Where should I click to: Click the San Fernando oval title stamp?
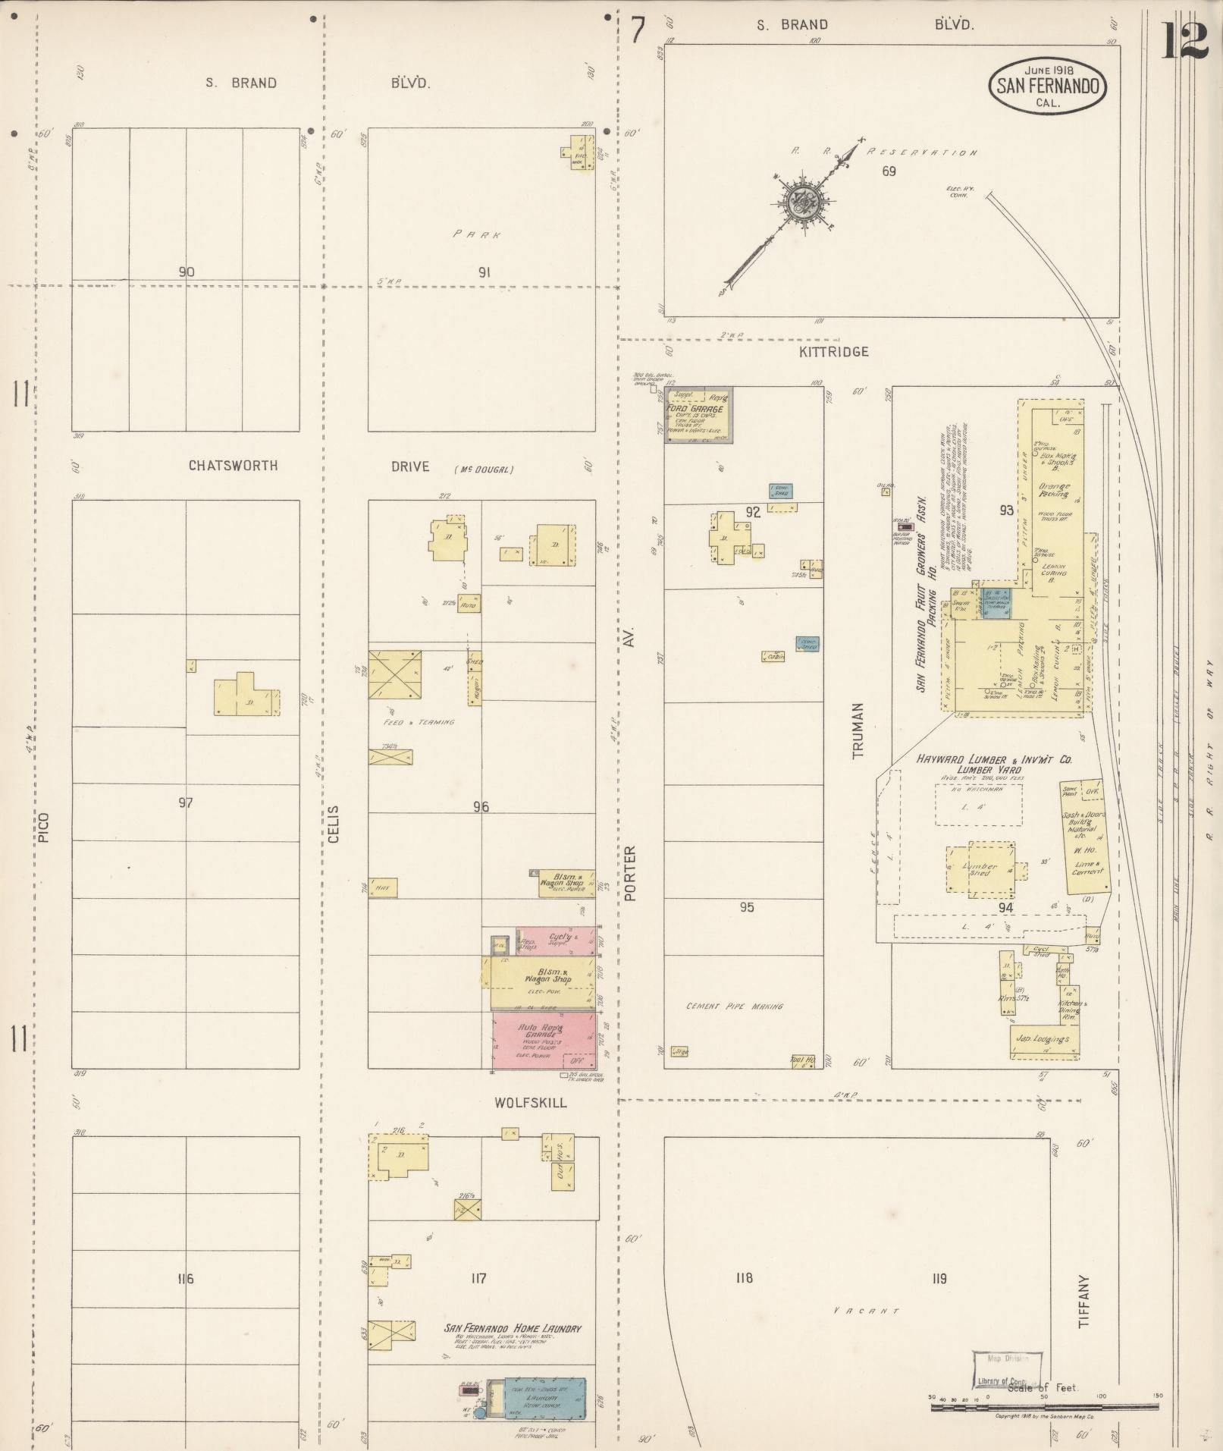tap(1047, 85)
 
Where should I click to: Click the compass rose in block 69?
tap(799, 202)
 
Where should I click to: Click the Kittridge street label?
tap(833, 352)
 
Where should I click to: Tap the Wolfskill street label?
tap(530, 1103)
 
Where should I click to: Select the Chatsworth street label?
tap(233, 466)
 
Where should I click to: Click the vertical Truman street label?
tap(858, 730)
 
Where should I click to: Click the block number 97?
tap(186, 802)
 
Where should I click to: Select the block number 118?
tap(744, 1278)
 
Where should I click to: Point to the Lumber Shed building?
tap(980, 868)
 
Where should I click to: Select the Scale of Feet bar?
tap(1044, 1407)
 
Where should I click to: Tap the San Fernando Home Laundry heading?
tap(513, 1328)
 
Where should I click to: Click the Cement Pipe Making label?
tap(734, 1007)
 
